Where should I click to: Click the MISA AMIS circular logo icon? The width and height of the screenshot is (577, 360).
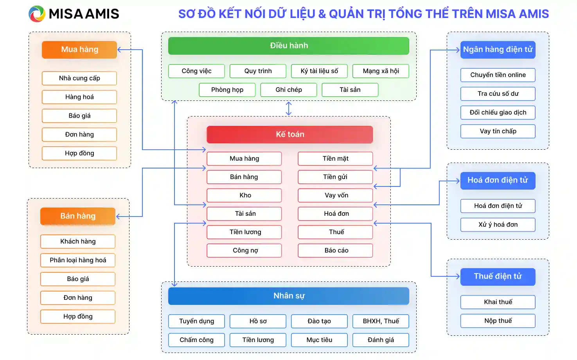click(x=37, y=14)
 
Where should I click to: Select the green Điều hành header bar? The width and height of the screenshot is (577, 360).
click(x=288, y=46)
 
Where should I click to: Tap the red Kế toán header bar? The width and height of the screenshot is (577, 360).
click(x=289, y=134)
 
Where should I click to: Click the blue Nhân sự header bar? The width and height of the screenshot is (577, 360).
click(x=288, y=296)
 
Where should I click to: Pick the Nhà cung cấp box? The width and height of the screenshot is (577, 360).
click(x=79, y=78)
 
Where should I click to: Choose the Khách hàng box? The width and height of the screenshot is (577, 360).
click(x=78, y=242)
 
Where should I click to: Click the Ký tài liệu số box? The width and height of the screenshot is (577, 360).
click(x=319, y=71)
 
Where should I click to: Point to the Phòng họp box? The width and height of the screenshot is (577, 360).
click(x=227, y=90)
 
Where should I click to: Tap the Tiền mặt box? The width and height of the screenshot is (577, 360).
click(x=335, y=159)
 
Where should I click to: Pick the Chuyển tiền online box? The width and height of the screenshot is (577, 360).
click(x=498, y=75)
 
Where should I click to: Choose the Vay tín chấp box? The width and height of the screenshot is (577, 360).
click(x=498, y=131)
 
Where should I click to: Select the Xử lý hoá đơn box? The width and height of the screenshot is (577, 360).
click(x=498, y=225)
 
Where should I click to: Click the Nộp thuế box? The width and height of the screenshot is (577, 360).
click(x=498, y=321)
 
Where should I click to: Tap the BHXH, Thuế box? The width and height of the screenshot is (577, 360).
click(x=381, y=321)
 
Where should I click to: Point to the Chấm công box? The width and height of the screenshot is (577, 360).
click(x=196, y=340)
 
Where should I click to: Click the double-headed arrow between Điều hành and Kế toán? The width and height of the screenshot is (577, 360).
click(x=289, y=109)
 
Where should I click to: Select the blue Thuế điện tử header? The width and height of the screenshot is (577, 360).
click(x=498, y=276)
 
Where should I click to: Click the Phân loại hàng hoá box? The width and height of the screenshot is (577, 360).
click(x=78, y=260)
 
